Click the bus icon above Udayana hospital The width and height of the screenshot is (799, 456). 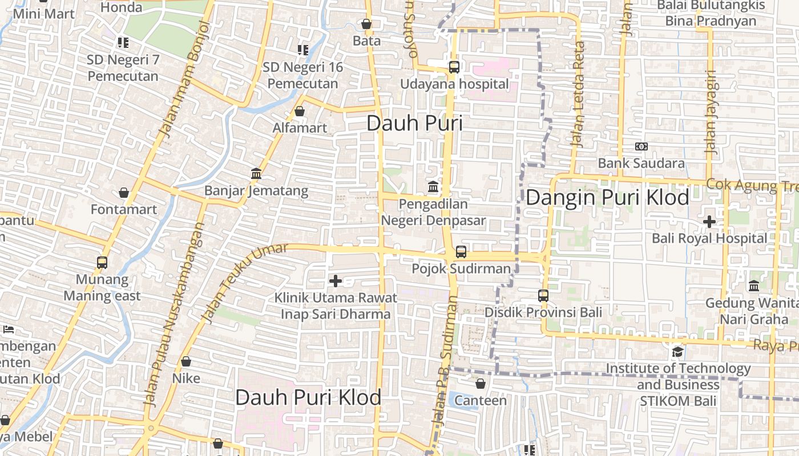[x=454, y=67]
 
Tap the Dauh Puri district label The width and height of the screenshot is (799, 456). [x=414, y=123]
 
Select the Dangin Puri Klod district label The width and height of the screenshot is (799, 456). [x=607, y=198]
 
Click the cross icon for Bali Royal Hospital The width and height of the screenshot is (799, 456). [x=709, y=221]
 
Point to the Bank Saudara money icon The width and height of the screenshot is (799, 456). [x=641, y=146]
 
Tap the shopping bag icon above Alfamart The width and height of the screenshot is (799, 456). [x=300, y=111]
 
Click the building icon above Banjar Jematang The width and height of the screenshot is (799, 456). [x=256, y=173]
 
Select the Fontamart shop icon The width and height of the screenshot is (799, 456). [x=124, y=193]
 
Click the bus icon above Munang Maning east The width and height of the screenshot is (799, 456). [x=102, y=262]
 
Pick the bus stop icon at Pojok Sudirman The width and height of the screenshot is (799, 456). [x=461, y=251]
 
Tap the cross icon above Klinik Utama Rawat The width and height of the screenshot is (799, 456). [x=336, y=280]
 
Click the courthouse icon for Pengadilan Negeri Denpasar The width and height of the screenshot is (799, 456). [x=433, y=186]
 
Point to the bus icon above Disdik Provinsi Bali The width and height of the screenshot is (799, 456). [x=543, y=295]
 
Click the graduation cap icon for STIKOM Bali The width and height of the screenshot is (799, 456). [x=677, y=352]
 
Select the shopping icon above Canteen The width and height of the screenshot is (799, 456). [x=481, y=384]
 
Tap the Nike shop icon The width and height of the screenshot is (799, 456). [x=186, y=361]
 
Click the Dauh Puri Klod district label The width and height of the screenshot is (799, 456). [x=308, y=397]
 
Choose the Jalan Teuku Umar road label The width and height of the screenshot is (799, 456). [x=237, y=284]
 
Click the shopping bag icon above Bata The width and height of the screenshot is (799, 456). [x=366, y=24]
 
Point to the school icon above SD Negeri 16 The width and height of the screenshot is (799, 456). [x=302, y=50]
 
